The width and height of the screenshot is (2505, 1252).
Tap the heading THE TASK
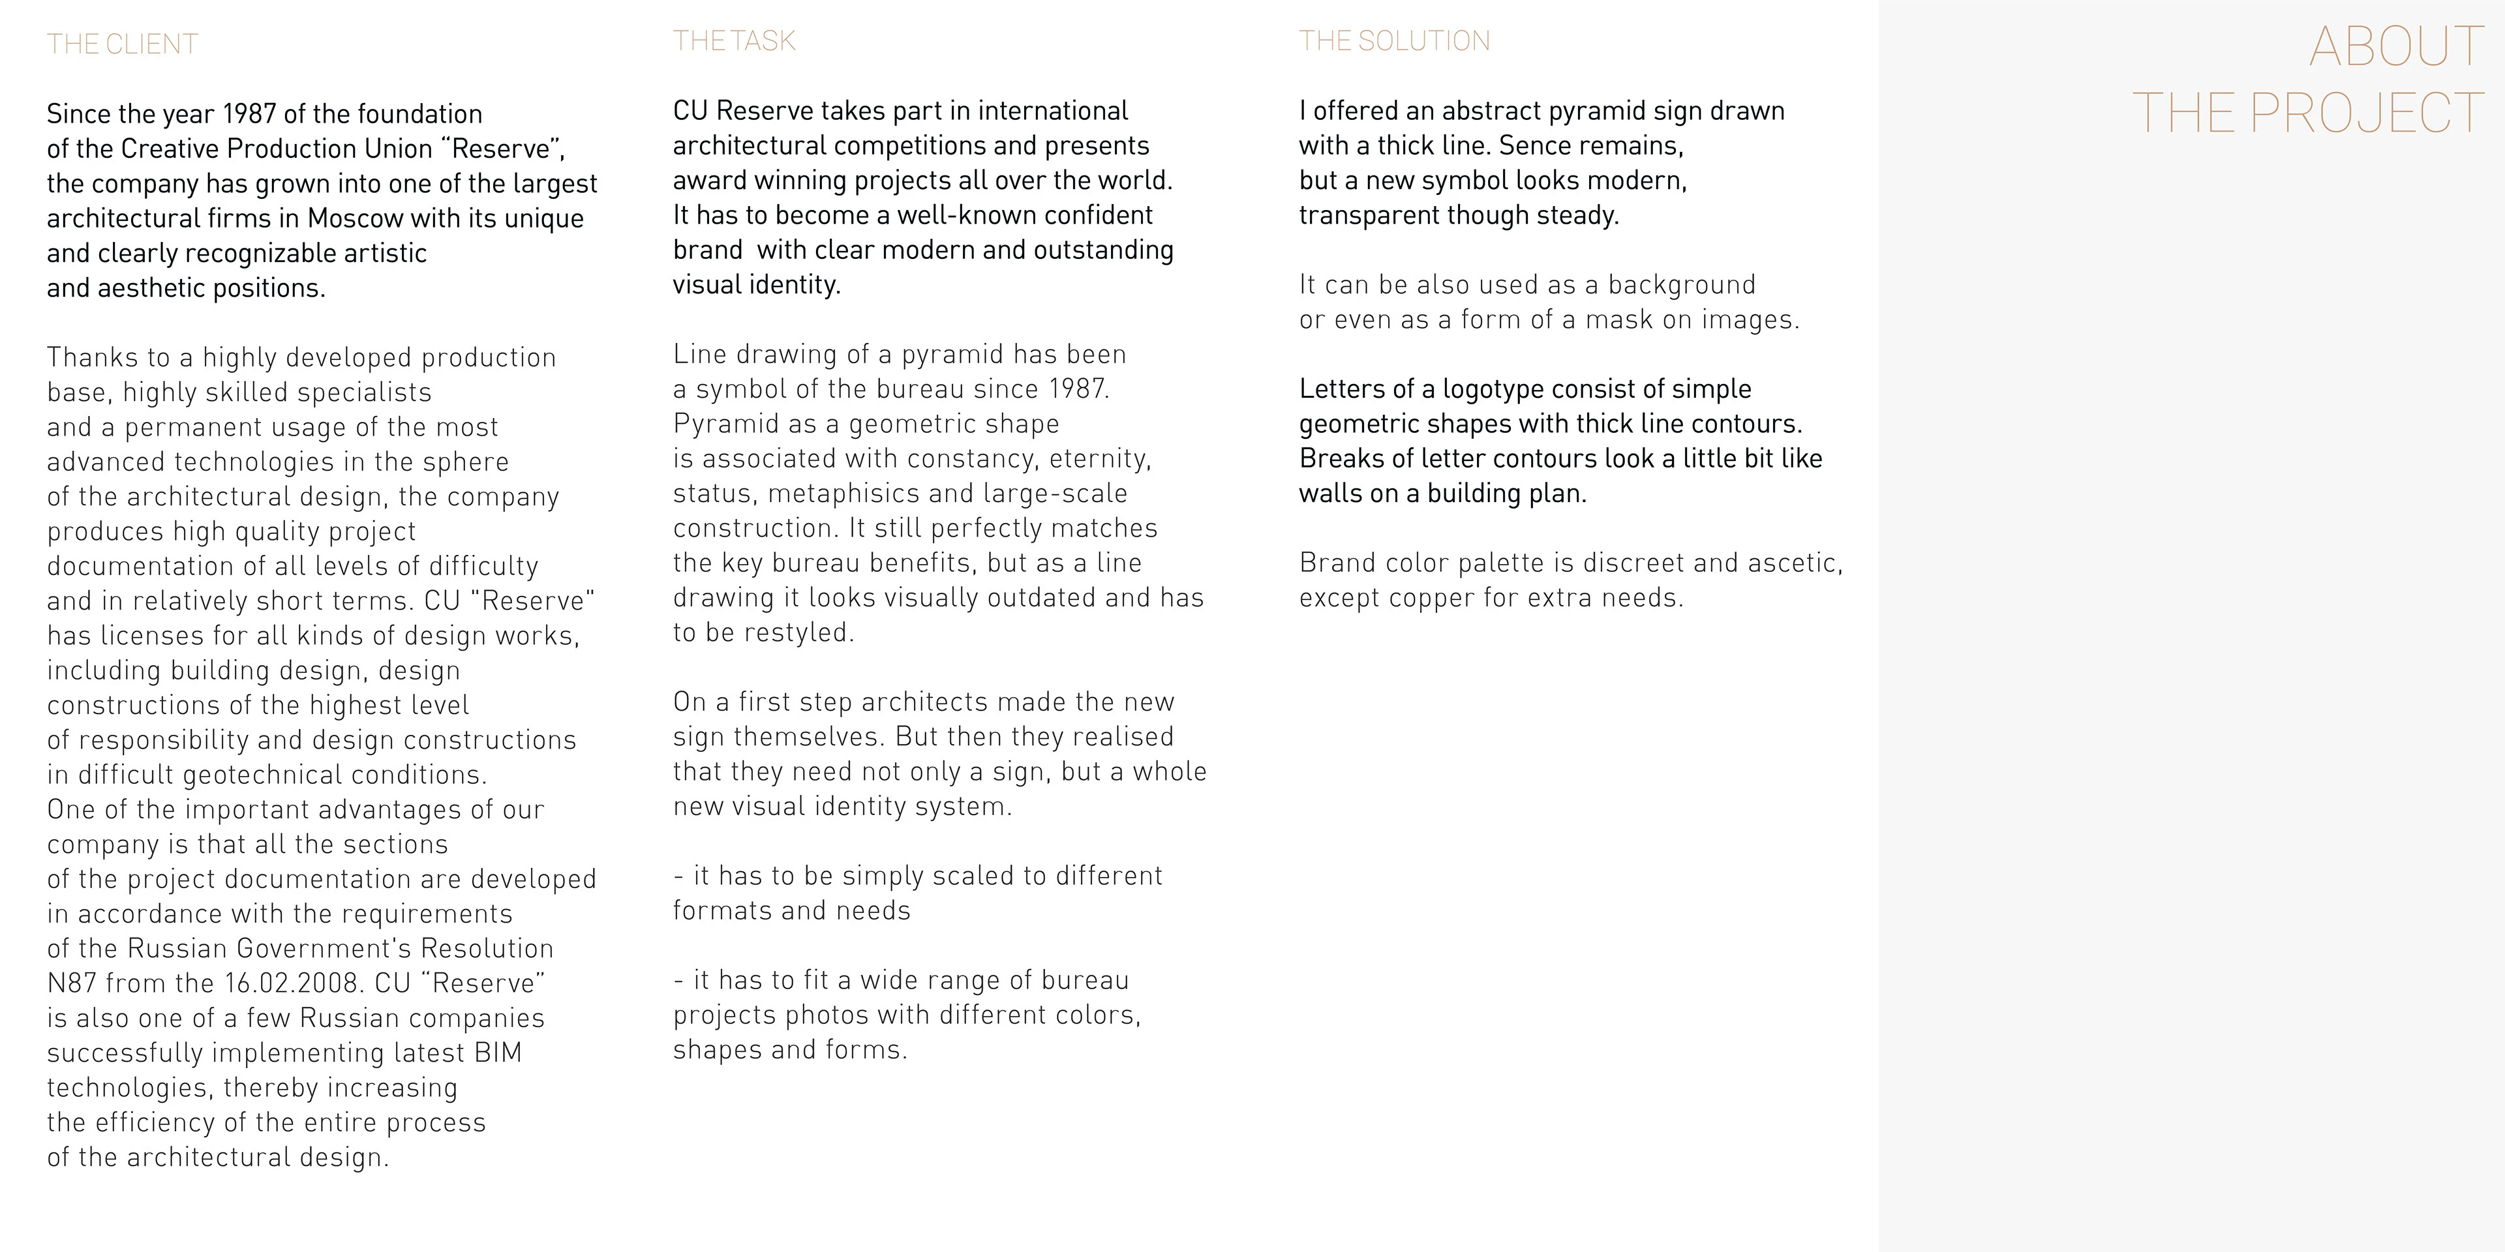pos(734,41)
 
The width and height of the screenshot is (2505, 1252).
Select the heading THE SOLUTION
pos(1395,41)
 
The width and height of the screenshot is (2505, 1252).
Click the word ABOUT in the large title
pos(2396,47)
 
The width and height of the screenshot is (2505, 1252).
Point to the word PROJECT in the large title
pos(2367,113)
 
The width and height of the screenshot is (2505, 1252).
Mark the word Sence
pos(1536,146)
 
